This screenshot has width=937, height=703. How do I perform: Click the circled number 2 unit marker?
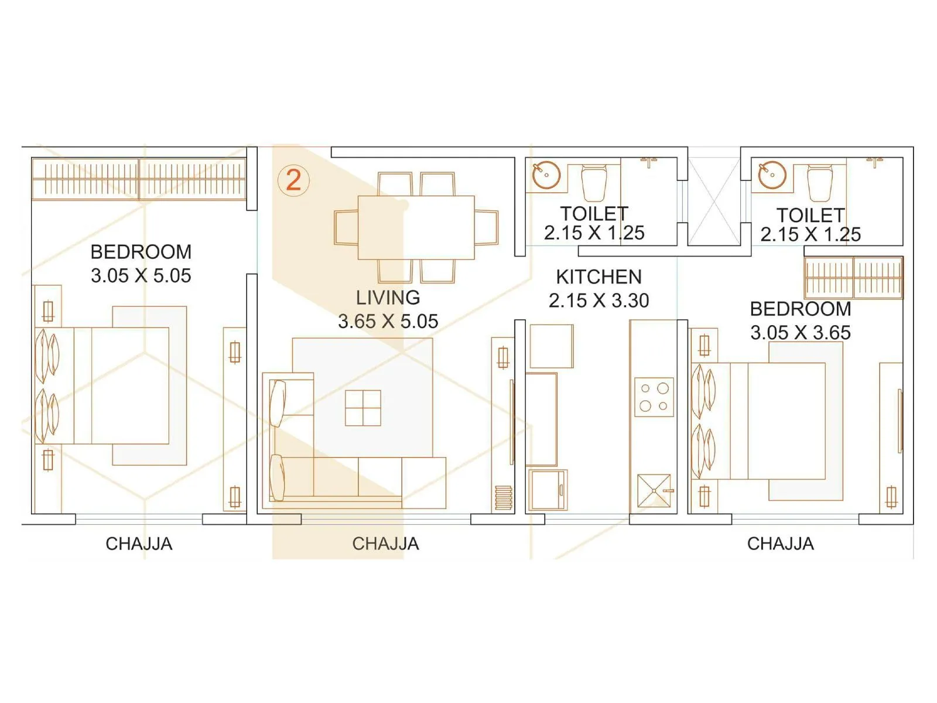[x=293, y=180]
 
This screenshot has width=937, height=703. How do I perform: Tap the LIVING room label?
[x=388, y=298]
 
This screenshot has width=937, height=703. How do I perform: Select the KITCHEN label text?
[x=599, y=277]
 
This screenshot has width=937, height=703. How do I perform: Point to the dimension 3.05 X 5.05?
[x=141, y=276]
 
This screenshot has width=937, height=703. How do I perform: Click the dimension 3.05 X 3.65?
[x=801, y=333]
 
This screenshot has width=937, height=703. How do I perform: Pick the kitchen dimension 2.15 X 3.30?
[x=599, y=301]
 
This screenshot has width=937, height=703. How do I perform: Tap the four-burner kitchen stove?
[x=654, y=397]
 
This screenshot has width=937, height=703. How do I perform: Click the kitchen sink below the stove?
[x=655, y=490]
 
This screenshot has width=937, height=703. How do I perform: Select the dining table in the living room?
[x=416, y=227]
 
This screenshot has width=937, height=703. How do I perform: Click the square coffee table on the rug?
[x=363, y=408]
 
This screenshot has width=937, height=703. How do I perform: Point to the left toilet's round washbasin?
[x=546, y=175]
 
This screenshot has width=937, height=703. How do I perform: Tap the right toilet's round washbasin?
[x=772, y=175]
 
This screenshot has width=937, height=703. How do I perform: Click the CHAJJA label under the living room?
[x=385, y=544]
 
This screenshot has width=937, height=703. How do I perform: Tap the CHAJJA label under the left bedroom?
[x=139, y=544]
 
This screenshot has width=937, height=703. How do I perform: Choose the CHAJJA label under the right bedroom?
[x=780, y=544]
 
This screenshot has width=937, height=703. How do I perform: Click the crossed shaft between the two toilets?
[x=713, y=201]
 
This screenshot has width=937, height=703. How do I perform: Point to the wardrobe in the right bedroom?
[x=853, y=278]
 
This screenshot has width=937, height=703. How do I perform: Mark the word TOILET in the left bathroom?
[x=594, y=214]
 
